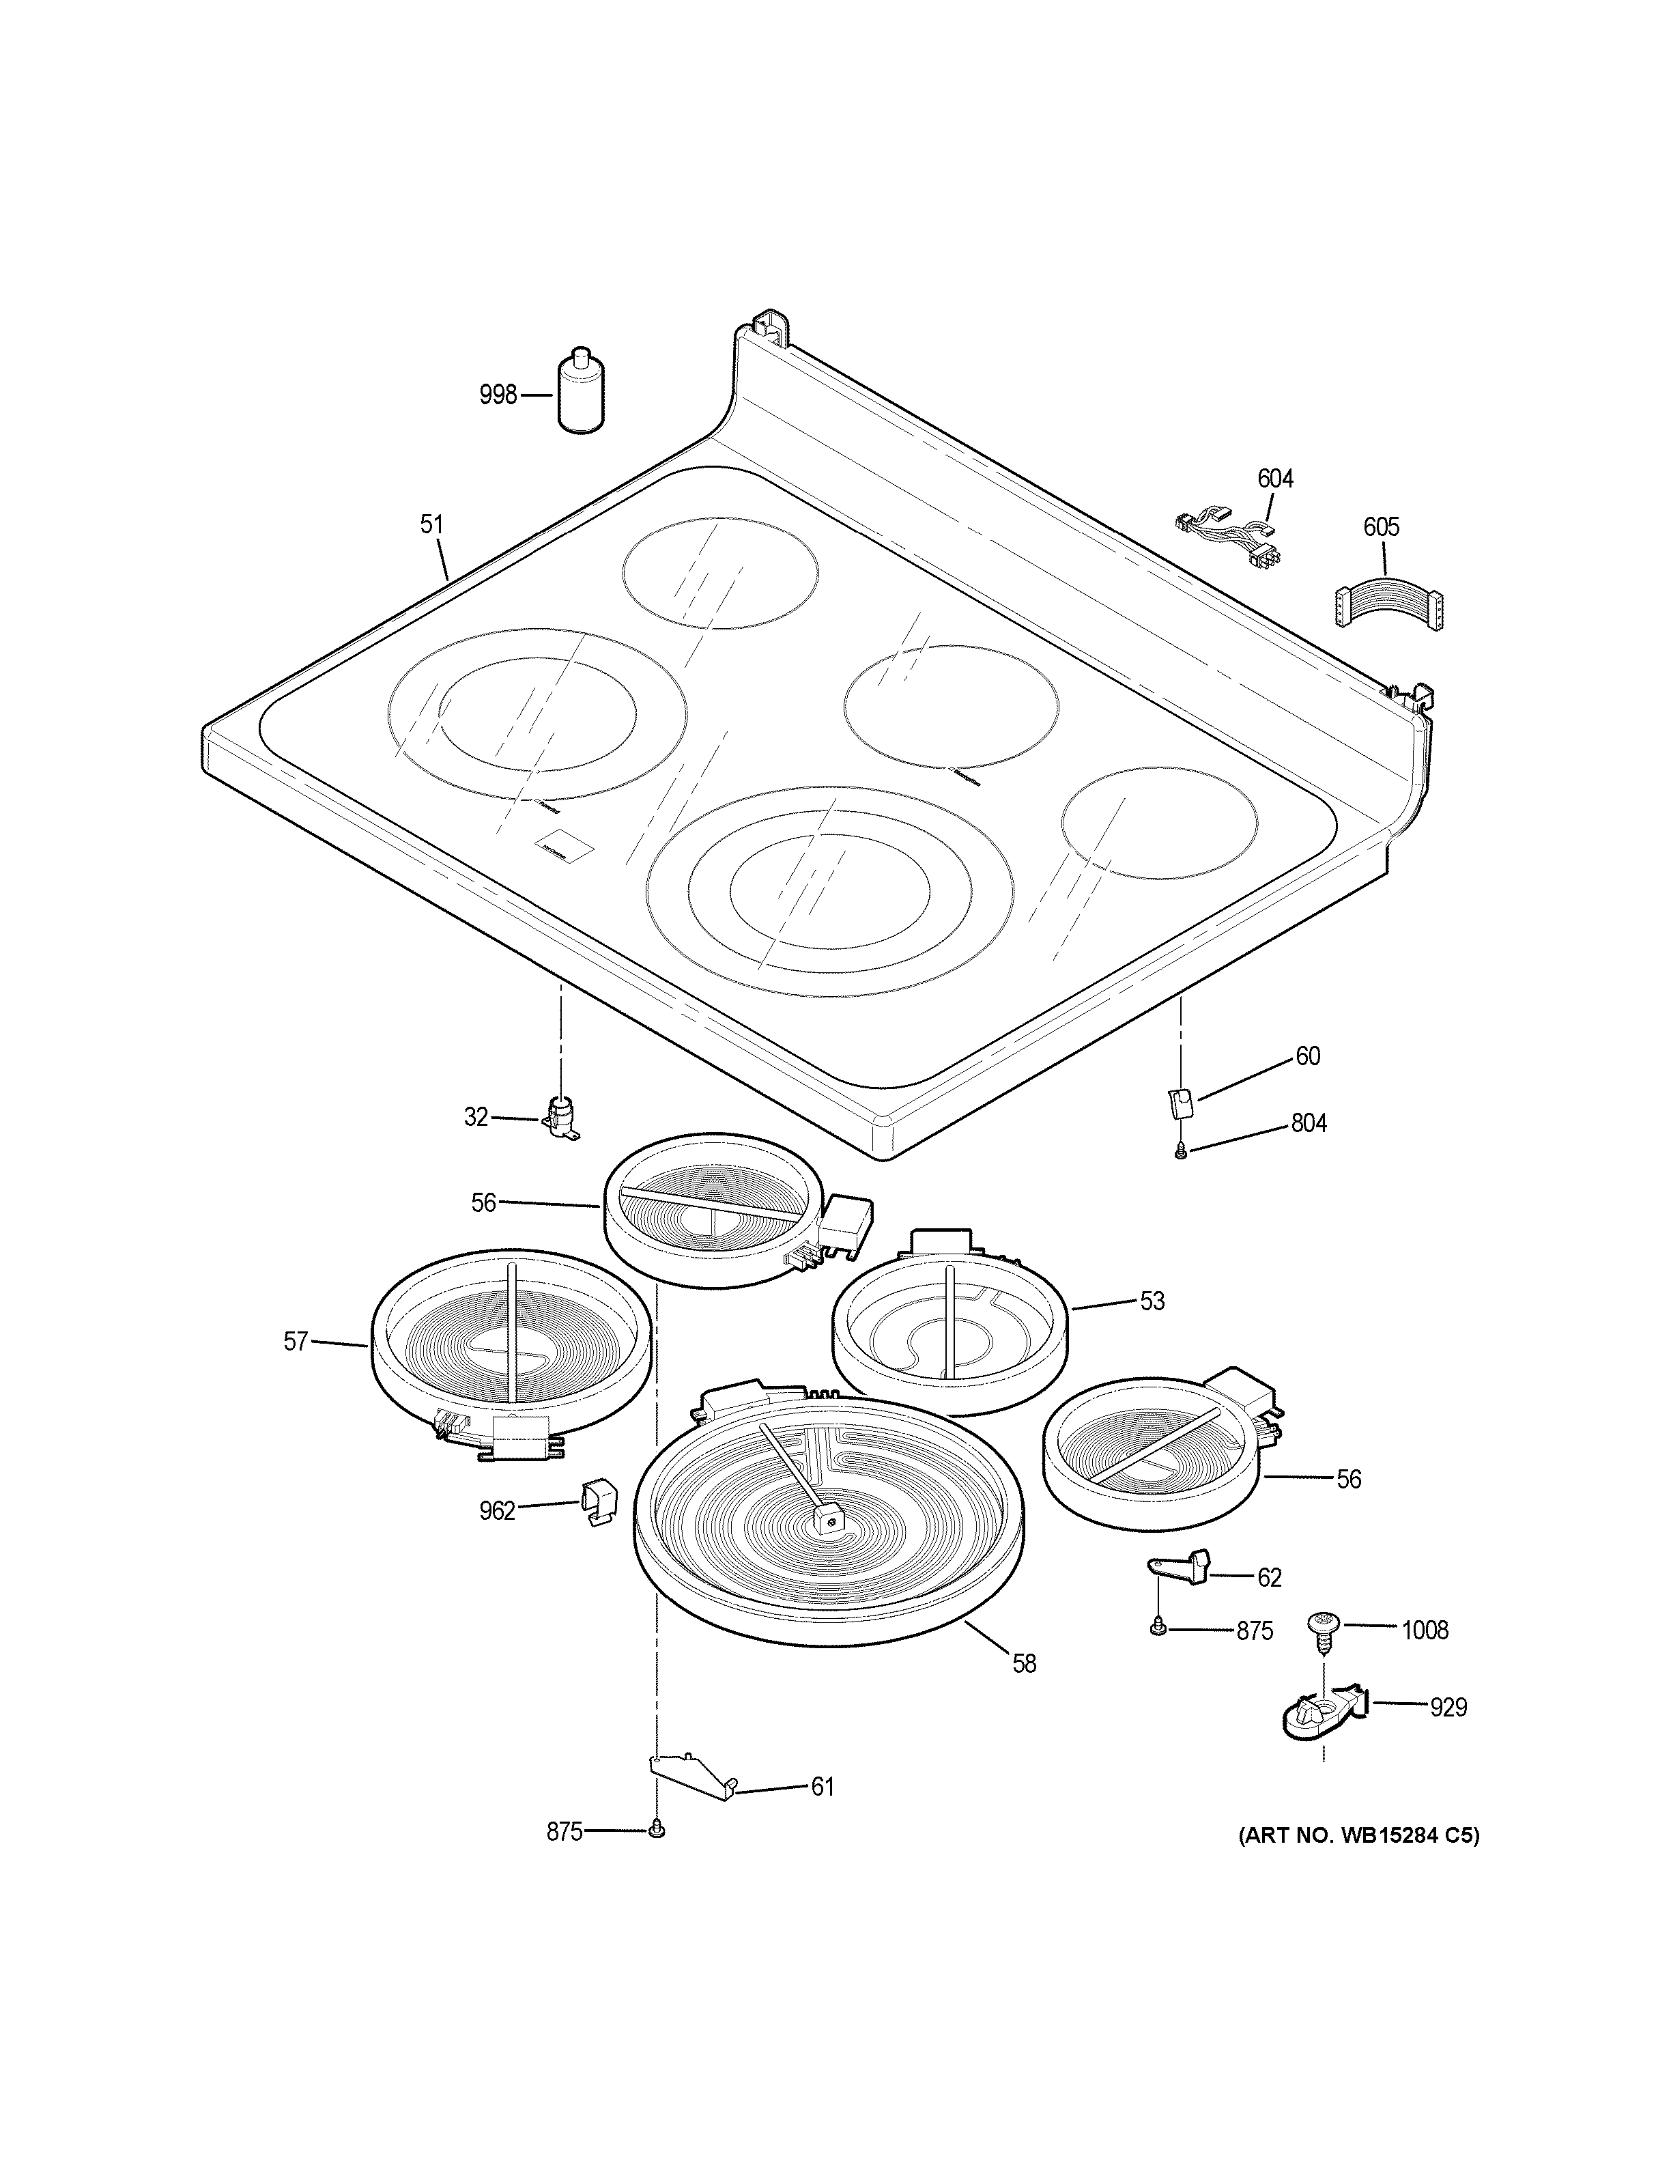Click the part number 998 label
(x=498, y=395)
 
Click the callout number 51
(x=431, y=525)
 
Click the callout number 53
(x=1152, y=1301)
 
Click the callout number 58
(x=1025, y=1664)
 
